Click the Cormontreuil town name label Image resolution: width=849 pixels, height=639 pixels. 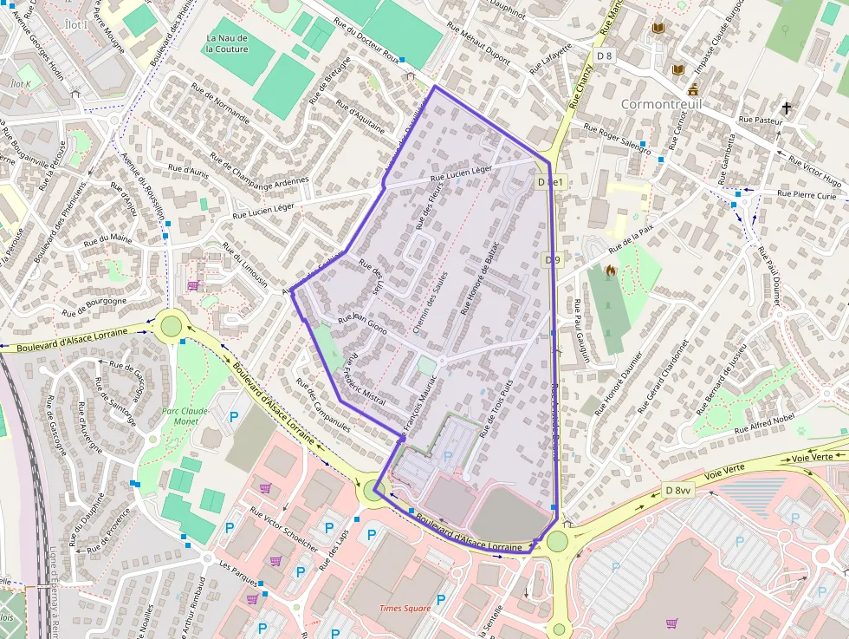[x=660, y=105]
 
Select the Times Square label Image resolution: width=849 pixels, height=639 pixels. [x=405, y=608]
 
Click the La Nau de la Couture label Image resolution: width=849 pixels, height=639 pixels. [x=226, y=43]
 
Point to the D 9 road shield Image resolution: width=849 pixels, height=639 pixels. [x=554, y=259]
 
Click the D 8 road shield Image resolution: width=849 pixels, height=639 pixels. [x=605, y=56]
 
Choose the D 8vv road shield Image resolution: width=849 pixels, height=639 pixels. [x=678, y=491]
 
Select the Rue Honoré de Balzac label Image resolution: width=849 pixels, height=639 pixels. [x=480, y=277]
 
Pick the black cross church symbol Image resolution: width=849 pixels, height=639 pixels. [x=787, y=108]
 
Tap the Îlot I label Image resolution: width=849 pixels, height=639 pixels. [x=77, y=25]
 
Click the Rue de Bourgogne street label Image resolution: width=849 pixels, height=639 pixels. [x=94, y=306]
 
